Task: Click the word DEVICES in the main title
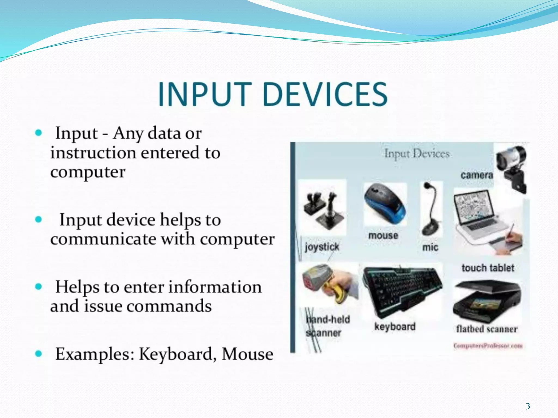pyautogui.click(x=326, y=94)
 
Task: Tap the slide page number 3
pyautogui.click(x=528, y=406)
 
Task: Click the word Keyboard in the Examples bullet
pyautogui.click(x=176, y=354)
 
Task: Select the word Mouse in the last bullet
pyautogui.click(x=247, y=354)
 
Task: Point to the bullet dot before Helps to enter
pyautogui.click(x=39, y=287)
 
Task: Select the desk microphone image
pyautogui.click(x=431, y=208)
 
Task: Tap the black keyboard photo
pyautogui.click(x=402, y=290)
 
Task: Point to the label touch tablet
pyautogui.click(x=488, y=268)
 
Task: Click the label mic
pyautogui.click(x=430, y=247)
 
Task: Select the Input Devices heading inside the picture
pyautogui.click(x=417, y=154)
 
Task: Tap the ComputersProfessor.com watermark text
pyautogui.click(x=488, y=346)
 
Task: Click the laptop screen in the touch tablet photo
pyautogui.click(x=474, y=207)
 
